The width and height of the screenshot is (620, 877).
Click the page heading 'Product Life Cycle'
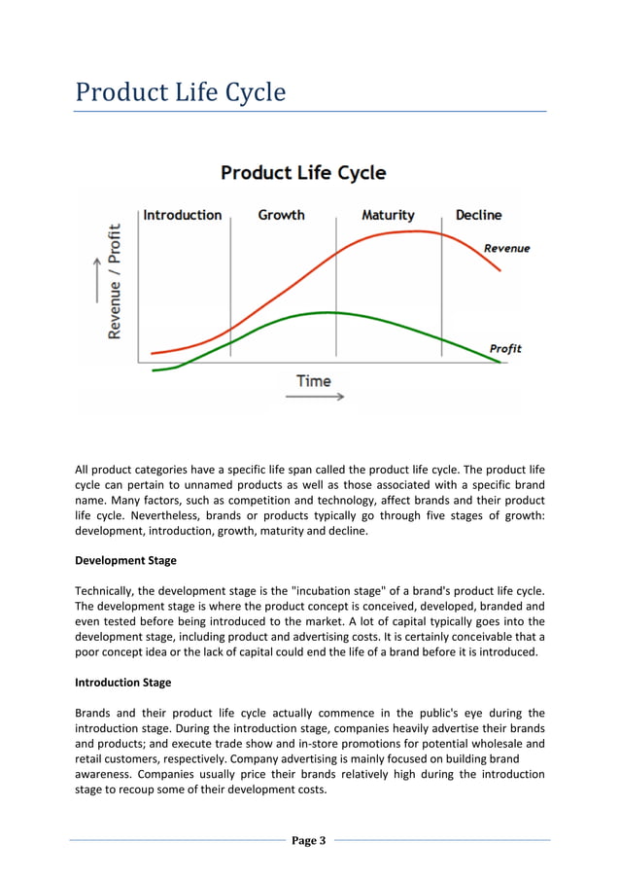181,93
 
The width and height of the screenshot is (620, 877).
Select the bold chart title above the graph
303,173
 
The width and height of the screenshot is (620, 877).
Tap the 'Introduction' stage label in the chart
183,215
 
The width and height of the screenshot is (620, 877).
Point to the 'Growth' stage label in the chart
281,215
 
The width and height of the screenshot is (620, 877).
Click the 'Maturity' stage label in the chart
388,215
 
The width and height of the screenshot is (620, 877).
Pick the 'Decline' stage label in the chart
478,215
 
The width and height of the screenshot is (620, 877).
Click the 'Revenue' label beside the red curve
507,249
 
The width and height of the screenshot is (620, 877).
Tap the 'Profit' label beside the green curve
505,348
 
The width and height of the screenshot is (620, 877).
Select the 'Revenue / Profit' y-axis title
115,282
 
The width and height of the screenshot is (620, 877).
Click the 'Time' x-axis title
314,381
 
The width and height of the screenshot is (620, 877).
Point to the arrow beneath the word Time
321,398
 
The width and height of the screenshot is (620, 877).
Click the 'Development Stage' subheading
125,561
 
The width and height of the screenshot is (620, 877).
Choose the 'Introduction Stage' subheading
126,683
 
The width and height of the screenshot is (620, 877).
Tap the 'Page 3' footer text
309,841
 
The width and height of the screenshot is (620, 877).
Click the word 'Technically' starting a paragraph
107,591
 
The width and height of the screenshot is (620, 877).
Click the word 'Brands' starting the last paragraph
94,713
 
